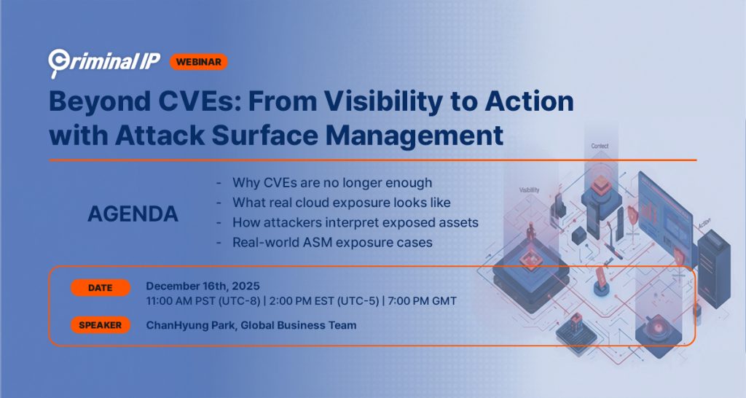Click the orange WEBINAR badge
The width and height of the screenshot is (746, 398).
[x=199, y=62]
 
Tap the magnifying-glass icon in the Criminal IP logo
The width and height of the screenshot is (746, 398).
[x=58, y=63]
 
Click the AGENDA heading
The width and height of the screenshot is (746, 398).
[x=133, y=214]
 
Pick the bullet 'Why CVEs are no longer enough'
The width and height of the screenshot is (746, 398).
[x=331, y=182]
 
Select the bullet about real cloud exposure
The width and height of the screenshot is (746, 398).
[x=341, y=202]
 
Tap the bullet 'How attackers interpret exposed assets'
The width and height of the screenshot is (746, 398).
[x=355, y=222]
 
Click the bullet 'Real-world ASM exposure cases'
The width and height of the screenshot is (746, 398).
[x=332, y=241]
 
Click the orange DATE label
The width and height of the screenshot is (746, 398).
[x=101, y=288]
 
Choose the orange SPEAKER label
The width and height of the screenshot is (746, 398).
[x=101, y=325]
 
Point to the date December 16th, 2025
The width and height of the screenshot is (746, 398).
[x=203, y=285]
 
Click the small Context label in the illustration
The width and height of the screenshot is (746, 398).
[x=599, y=147]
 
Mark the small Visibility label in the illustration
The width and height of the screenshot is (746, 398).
[x=529, y=190]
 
